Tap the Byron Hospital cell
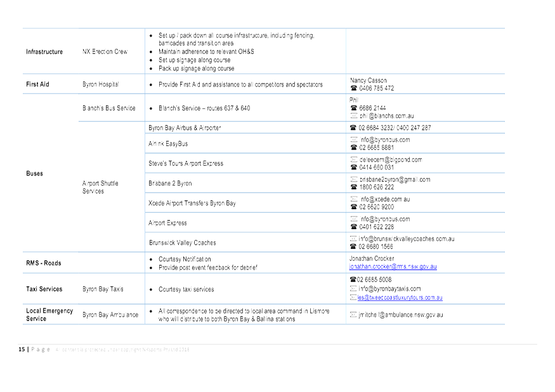pyautogui.click(x=100, y=84)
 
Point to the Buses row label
pyautogui.click(x=35, y=173)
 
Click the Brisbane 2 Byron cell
pyautogui.click(x=170, y=183)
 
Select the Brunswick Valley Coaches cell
pyautogui.click(x=182, y=243)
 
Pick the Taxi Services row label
pyautogui.click(x=44, y=289)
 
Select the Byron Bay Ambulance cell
pyautogui.click(x=110, y=315)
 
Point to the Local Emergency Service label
pyautogui.click(x=49, y=315)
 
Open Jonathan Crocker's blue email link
pyautogui.click(x=393, y=267)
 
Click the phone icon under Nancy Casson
pyautogui.click(x=353, y=89)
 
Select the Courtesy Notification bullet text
pyautogui.click(x=185, y=259)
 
